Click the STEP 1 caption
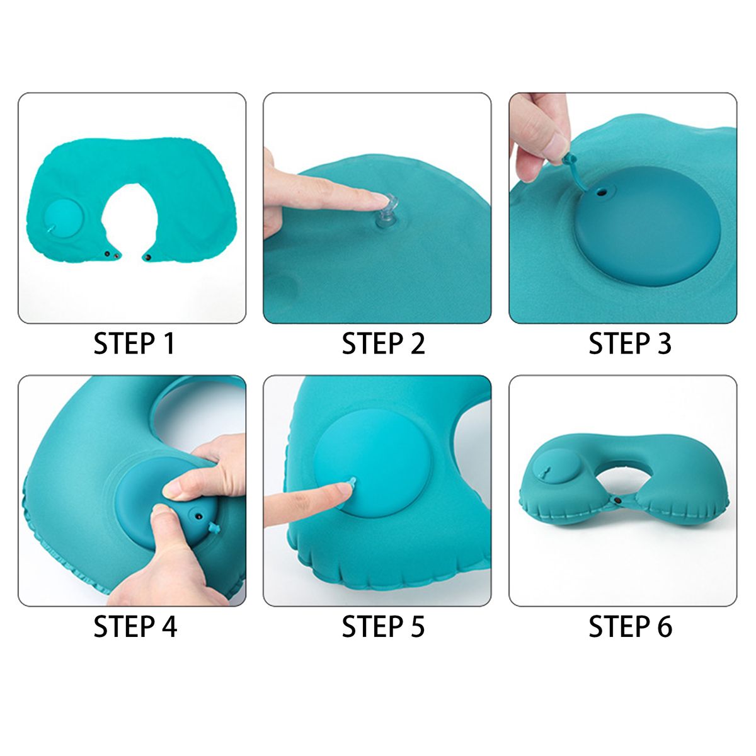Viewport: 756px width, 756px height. coord(134,344)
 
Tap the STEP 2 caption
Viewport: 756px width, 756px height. coord(383,344)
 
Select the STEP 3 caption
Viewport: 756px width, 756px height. coord(630,344)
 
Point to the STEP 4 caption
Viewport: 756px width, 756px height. coord(135,626)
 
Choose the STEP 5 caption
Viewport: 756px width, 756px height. coord(383,626)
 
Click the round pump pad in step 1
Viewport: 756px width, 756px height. coord(64,219)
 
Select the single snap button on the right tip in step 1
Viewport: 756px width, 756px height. coord(148,258)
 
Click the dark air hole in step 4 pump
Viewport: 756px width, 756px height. coord(197,514)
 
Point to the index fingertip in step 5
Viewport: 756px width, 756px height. coord(343,491)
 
